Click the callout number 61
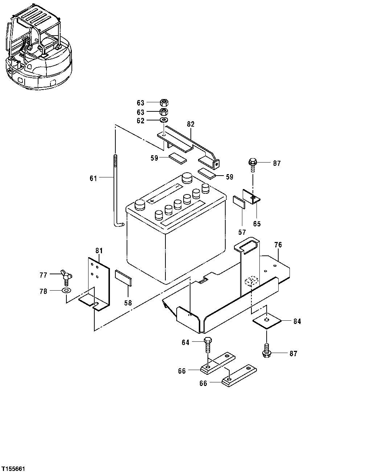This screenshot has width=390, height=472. point(93,178)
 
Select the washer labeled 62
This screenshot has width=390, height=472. point(164,120)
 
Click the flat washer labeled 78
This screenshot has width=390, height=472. point(66,291)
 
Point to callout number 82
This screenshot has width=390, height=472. point(191,124)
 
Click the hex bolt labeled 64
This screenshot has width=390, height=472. point(208,345)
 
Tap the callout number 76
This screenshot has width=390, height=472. point(278,245)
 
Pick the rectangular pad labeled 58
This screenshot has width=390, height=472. point(124,278)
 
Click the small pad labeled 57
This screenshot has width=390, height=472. point(239,202)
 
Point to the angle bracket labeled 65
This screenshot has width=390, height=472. point(251,196)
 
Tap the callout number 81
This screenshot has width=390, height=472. point(99,250)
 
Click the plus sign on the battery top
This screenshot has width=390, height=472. point(152,200)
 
